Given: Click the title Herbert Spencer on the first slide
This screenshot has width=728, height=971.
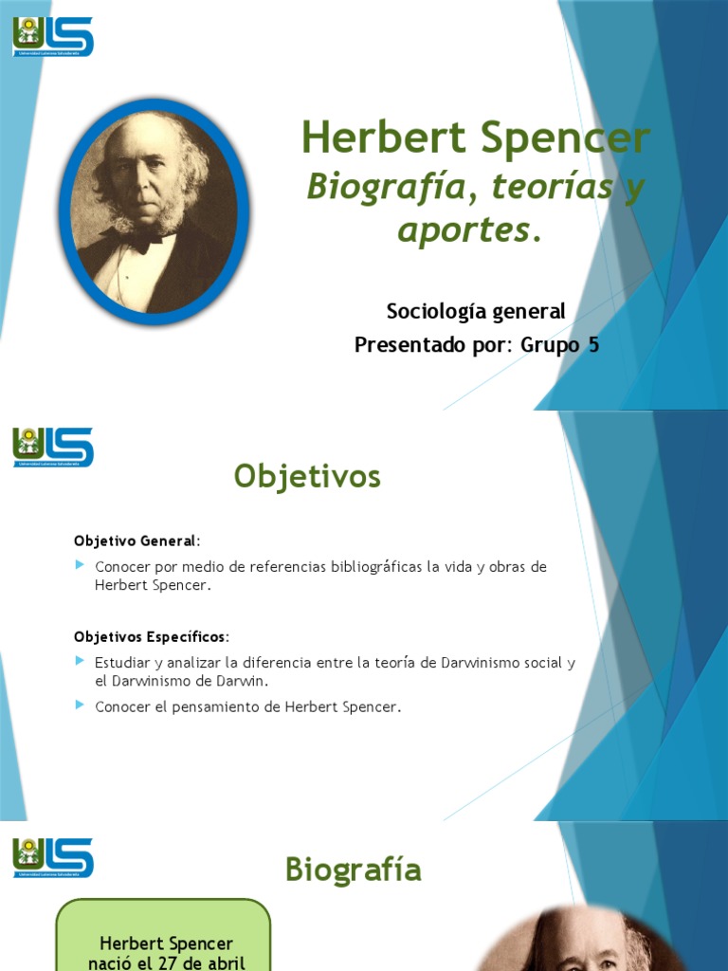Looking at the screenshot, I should coord(476,137).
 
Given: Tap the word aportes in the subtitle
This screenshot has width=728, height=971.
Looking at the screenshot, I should coord(464,229).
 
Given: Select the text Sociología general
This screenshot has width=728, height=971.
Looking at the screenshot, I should coord(475,310).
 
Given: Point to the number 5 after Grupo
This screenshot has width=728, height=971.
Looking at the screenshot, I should coord(593,344).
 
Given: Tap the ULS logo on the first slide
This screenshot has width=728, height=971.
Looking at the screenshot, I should coord(53,37).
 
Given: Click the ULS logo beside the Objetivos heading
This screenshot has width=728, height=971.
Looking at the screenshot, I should coord(53,447).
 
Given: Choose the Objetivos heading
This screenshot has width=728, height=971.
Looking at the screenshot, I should coord(307,477).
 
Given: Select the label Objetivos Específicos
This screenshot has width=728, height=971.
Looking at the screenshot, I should coord(151,635).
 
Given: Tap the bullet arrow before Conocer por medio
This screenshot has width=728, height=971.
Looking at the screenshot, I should coord(80,565).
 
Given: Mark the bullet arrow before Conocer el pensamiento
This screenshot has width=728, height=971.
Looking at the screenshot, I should coord(80,705).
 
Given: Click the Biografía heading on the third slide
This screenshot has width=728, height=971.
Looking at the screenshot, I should coord(353,869).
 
